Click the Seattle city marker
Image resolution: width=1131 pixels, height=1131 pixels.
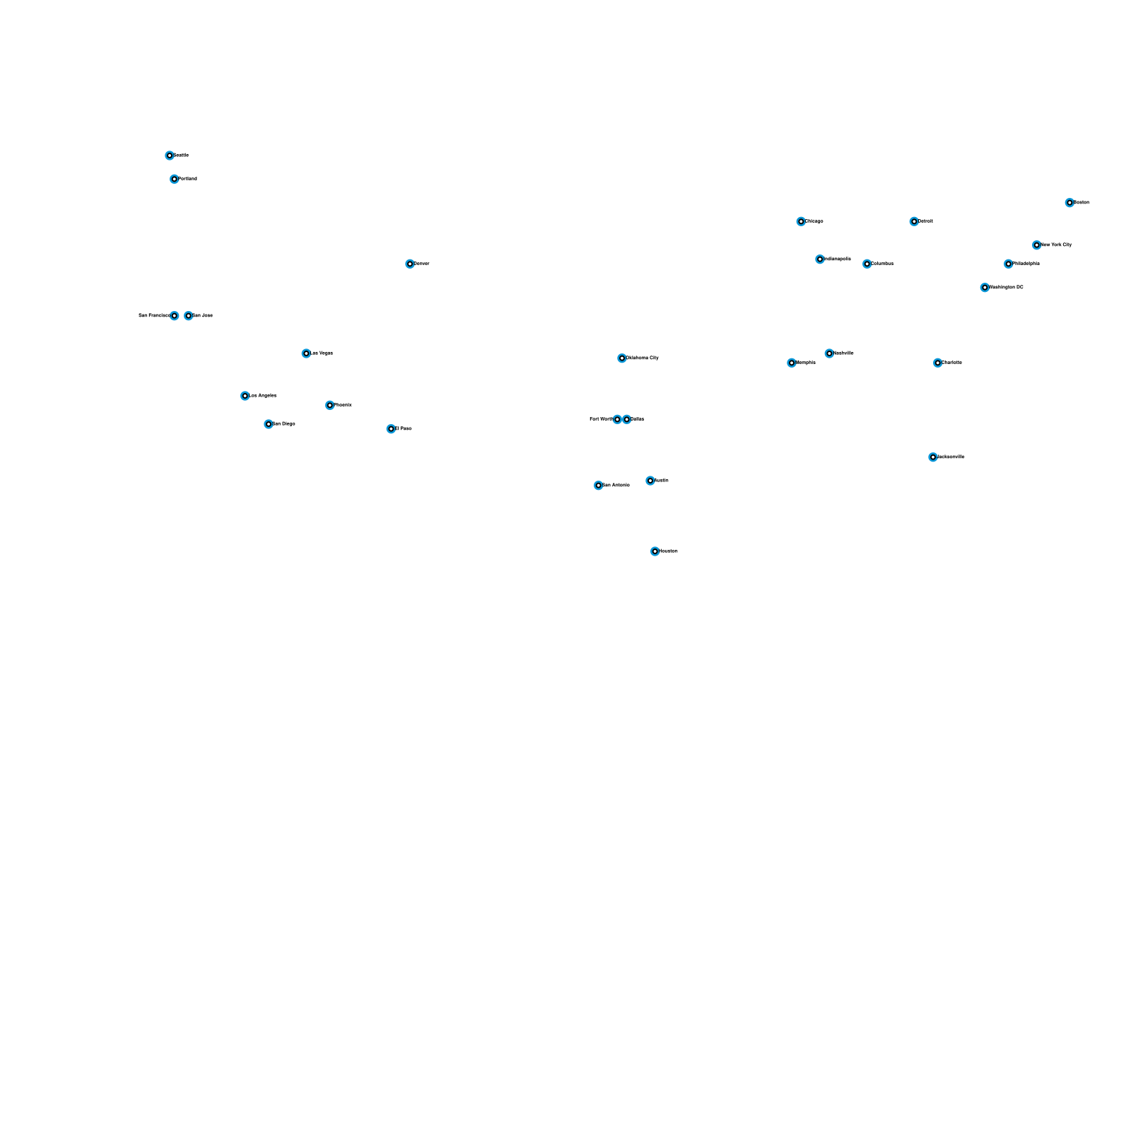click(170, 156)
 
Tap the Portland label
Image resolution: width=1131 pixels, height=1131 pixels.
click(188, 179)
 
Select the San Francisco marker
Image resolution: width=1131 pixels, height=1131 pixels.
click(174, 316)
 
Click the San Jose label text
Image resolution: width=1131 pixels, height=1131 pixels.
click(203, 316)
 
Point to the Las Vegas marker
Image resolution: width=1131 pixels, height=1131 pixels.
click(306, 353)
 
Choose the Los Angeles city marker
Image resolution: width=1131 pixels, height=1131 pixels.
click(245, 396)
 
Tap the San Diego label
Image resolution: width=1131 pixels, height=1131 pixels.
click(284, 424)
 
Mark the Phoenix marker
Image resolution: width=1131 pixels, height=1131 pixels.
click(329, 405)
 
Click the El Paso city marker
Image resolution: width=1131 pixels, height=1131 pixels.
click(391, 429)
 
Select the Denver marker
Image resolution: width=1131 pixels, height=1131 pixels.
click(410, 264)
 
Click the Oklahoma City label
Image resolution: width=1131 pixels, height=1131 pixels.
click(643, 358)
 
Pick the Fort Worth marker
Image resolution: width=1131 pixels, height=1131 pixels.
click(617, 419)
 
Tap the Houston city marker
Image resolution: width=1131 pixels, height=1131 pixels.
click(655, 551)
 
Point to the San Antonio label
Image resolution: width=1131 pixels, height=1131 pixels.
click(616, 486)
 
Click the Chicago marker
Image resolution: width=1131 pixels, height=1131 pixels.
click(801, 221)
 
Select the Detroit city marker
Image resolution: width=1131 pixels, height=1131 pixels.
click(914, 221)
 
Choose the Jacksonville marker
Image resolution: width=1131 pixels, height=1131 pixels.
click(933, 457)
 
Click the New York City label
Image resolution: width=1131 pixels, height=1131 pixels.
click(1057, 245)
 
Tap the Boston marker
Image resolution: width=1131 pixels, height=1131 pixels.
click(1070, 203)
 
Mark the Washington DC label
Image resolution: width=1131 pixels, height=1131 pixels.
click(1007, 288)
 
